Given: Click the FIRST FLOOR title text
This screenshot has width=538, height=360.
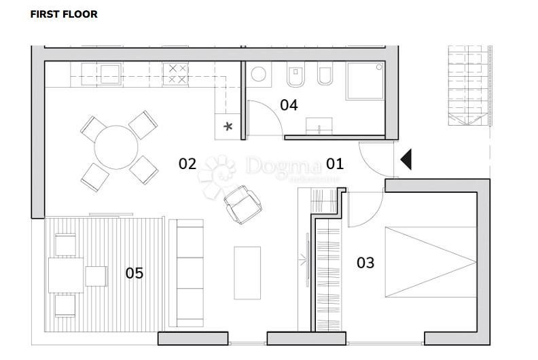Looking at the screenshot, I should tap(64, 14).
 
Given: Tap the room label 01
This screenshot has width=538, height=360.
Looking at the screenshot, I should tap(335, 164).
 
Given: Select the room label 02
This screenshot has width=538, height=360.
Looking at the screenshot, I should tap(187, 164).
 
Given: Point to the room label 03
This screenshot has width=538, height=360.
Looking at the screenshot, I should tap(365, 263).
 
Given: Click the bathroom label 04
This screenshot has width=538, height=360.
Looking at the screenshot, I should tap(289, 105).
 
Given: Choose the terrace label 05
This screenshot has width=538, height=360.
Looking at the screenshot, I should tap(134, 273).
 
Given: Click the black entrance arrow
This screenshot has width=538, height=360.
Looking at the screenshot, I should tap(406, 160).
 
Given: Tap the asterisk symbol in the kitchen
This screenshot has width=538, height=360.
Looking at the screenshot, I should tap(228, 126).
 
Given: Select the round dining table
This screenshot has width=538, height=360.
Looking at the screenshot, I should tap(116, 147).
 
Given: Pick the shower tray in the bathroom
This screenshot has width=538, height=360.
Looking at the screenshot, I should tap(365, 81).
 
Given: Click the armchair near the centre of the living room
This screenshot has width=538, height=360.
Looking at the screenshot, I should tap(243, 205).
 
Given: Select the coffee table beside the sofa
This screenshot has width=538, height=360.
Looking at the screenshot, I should tap(247, 272).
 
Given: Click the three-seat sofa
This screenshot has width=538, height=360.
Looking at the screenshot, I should tap(187, 272).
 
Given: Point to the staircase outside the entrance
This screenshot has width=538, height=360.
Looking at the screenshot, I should tap(469, 85).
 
